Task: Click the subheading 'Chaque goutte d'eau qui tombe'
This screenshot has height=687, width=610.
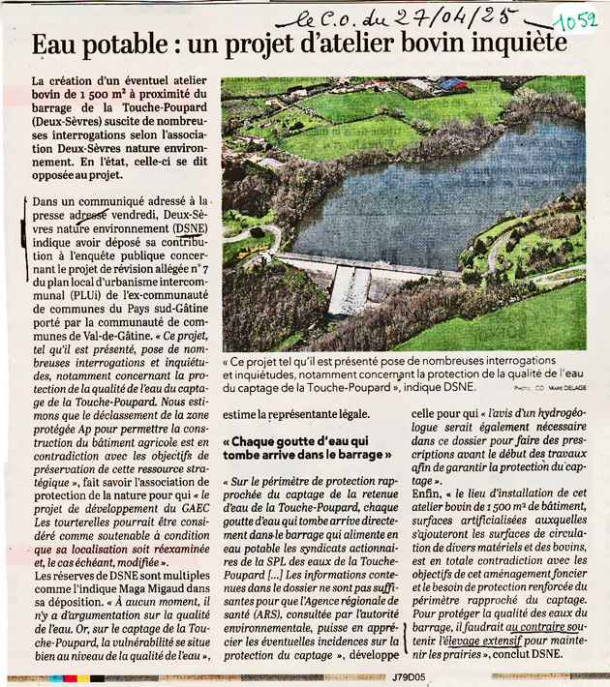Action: (x=306, y=447)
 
